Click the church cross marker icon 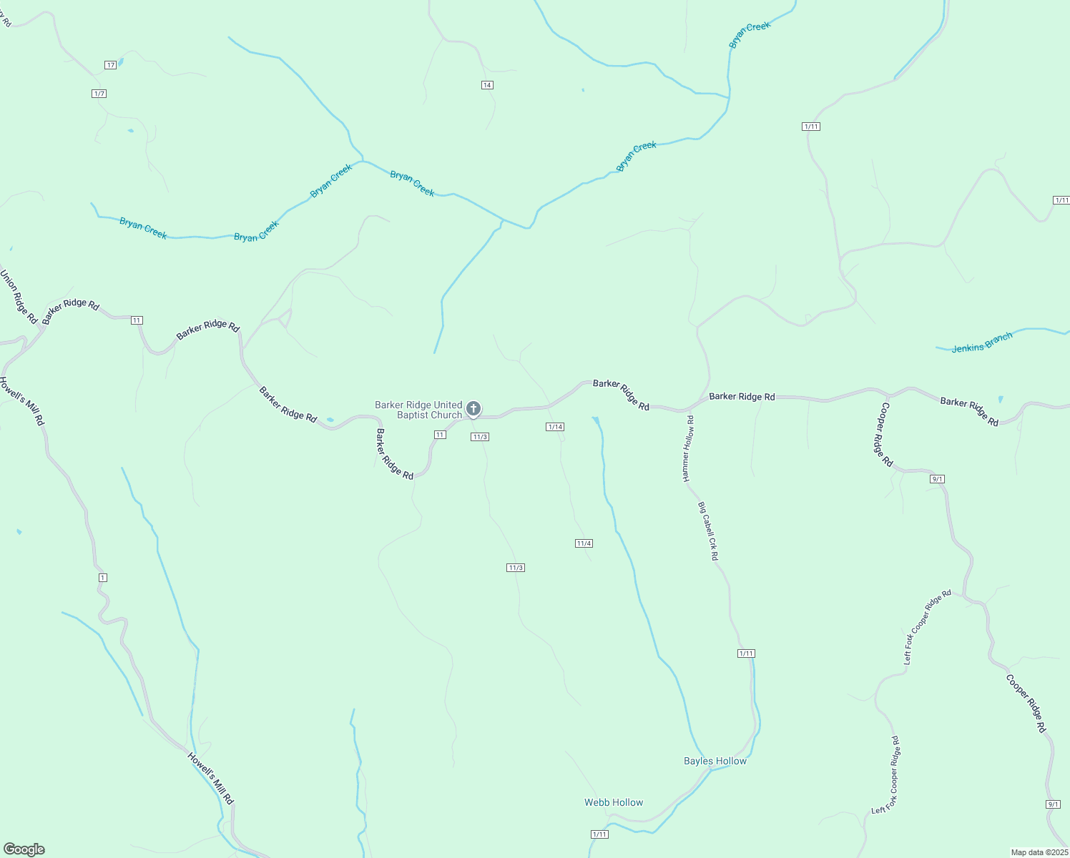[473, 409]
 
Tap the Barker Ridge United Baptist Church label [419, 410]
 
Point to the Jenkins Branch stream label [982, 342]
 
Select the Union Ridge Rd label [18, 296]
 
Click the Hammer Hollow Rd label [688, 448]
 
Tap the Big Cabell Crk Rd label [708, 531]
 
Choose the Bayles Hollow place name [715, 761]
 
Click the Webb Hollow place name [614, 802]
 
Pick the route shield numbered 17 [110, 65]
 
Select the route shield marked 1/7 [99, 94]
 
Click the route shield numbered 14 [487, 85]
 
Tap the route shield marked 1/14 [555, 427]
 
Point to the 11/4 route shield [584, 543]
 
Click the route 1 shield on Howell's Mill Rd [103, 577]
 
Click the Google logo [24, 849]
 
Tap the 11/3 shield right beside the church [479, 437]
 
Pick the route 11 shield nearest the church [440, 435]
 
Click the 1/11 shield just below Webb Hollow [600, 834]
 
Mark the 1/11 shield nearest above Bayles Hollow [746, 654]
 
